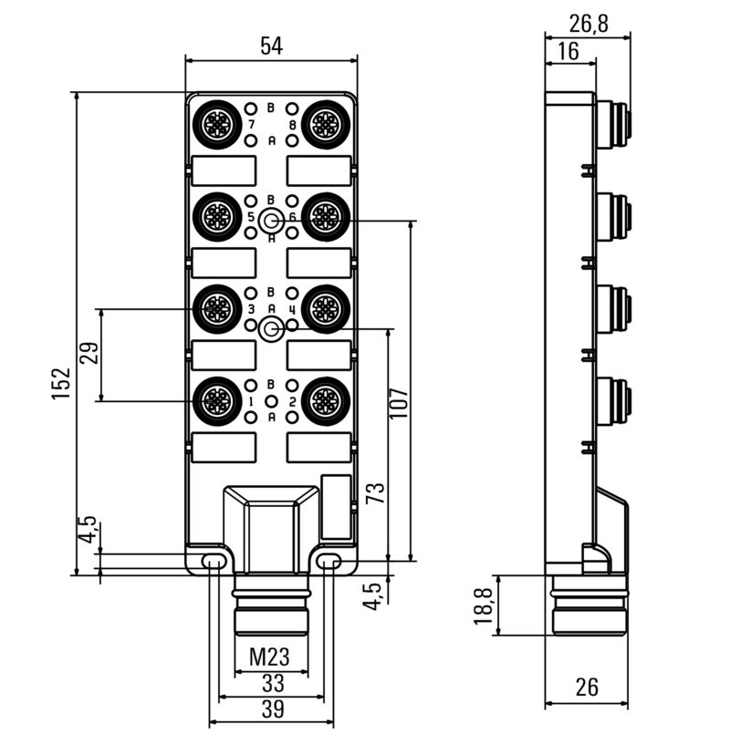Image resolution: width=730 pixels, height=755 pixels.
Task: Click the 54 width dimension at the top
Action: click(x=271, y=47)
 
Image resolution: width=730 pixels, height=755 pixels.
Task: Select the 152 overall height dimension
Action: click(x=61, y=387)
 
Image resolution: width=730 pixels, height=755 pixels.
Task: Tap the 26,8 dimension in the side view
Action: click(x=588, y=23)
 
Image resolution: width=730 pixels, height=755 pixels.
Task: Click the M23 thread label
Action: click(x=271, y=657)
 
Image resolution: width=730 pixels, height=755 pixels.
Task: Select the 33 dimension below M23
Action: click(x=271, y=683)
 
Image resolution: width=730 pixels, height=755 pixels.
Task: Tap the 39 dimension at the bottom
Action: click(x=271, y=709)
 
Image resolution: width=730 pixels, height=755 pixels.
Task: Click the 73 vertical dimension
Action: click(x=375, y=493)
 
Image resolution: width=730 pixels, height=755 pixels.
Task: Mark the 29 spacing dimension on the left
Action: click(x=88, y=354)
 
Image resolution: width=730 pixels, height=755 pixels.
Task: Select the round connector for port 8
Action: click(x=325, y=124)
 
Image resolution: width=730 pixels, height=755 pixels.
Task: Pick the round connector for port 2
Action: click(x=325, y=400)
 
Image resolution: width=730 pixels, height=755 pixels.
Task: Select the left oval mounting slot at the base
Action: click(x=214, y=559)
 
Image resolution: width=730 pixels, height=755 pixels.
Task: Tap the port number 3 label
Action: click(x=250, y=309)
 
